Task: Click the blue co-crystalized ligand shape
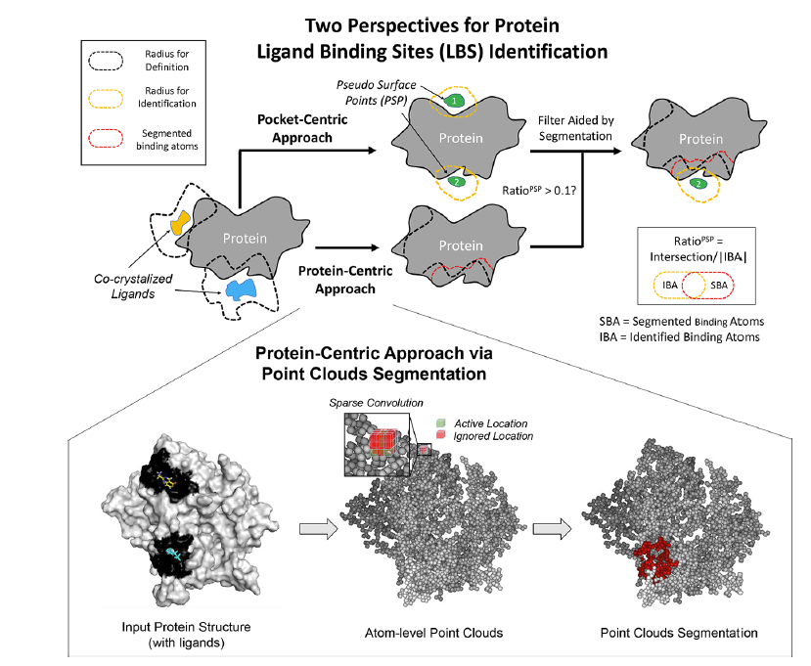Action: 239,289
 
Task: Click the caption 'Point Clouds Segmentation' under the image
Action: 665,633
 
